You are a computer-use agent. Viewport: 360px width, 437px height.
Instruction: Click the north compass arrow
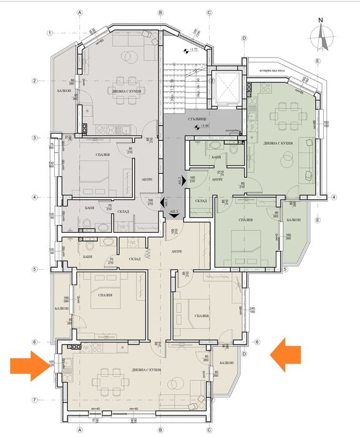pyautogui.click(x=323, y=36)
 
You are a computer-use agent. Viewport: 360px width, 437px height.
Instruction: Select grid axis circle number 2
pyautogui.click(x=37, y=80)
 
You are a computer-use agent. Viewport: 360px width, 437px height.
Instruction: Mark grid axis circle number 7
pyautogui.click(x=37, y=400)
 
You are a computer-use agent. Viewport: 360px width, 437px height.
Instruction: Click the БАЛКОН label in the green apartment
pyautogui.click(x=294, y=220)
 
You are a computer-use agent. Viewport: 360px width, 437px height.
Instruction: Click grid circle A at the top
pyautogui.click(x=80, y=12)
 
